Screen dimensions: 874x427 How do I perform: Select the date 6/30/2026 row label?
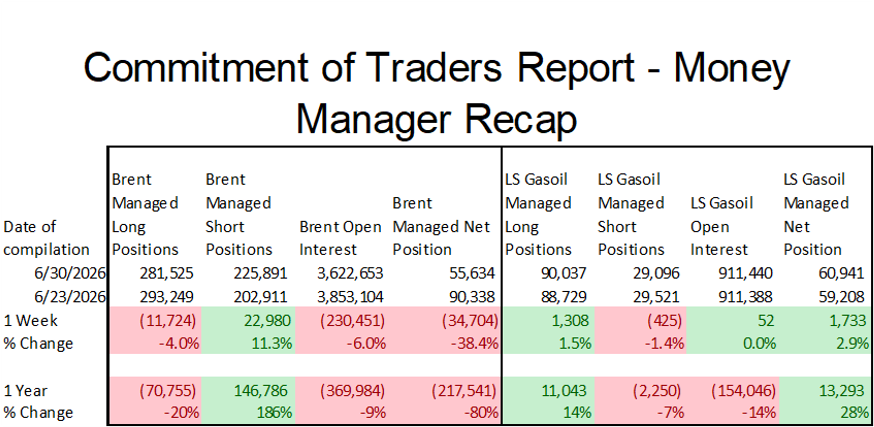[70, 273]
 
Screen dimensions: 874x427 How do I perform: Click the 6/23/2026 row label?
[70, 297]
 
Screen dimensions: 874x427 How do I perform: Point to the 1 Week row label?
[30, 321]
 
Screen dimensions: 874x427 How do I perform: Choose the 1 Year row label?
[25, 391]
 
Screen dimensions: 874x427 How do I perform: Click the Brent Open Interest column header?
[340, 238]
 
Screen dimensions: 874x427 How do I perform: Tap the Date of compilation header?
[46, 238]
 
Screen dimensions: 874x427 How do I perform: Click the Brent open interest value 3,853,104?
[350, 297]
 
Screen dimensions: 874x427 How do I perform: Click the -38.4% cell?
[474, 344]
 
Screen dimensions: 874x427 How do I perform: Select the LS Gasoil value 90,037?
[563, 273]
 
